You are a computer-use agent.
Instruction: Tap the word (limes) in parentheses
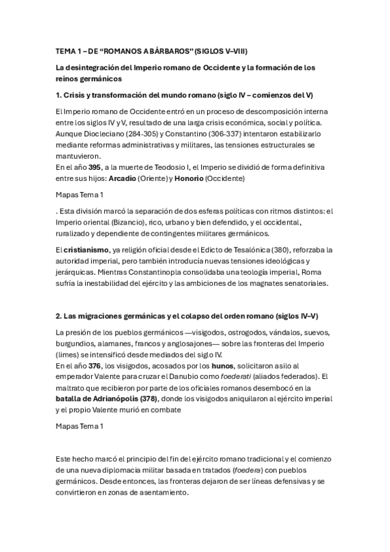(x=70, y=354)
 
